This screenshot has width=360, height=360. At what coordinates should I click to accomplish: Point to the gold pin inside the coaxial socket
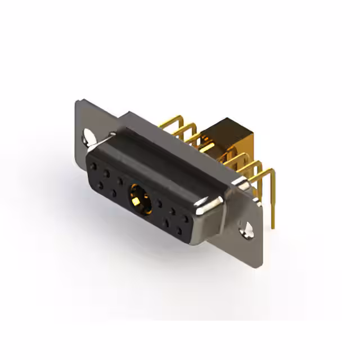(138, 197)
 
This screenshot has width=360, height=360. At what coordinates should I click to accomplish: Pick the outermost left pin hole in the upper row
(93, 166)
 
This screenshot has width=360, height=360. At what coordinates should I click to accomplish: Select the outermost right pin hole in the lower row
(179, 229)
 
